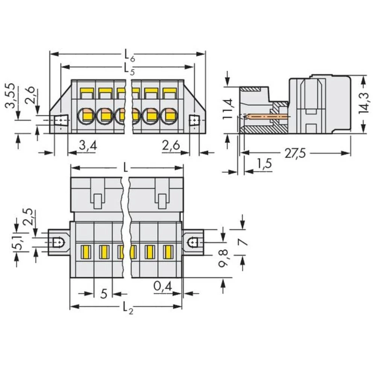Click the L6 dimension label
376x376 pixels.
128,55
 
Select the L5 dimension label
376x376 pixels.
128,68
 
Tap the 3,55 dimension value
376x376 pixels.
12,96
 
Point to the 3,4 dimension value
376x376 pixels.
88,145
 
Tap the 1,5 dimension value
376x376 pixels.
264,164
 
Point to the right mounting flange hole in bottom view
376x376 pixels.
193,243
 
